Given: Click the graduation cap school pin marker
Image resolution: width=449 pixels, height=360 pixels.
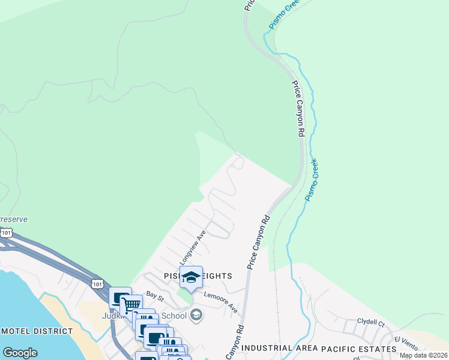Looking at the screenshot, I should pos(191,277).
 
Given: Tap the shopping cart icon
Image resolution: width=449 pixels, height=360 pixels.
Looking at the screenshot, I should pos(131,305).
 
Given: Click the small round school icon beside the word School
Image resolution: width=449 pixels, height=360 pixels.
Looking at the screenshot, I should pos(196,315).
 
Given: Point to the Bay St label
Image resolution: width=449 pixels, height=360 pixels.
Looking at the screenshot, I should pos(155,296).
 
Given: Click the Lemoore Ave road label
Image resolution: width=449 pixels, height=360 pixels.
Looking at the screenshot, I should pos(220,301).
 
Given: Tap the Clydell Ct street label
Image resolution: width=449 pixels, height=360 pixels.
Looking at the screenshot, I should pos(370,322).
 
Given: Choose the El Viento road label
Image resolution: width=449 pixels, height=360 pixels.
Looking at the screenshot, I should pos(406,343).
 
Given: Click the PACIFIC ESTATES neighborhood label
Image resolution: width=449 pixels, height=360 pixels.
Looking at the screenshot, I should pos(359,348).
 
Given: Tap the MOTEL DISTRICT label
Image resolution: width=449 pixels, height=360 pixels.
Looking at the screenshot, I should pos(37,331).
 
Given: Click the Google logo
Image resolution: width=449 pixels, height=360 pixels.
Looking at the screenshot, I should pos(20,353).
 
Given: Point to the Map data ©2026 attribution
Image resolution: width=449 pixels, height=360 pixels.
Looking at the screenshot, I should pos(423,355).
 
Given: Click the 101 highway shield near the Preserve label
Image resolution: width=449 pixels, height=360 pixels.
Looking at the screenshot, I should pos(5,232).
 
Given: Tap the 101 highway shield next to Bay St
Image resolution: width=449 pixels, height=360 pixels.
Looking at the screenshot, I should pos(97,283).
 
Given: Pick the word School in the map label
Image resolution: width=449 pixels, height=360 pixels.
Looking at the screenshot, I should pos(174,316).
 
